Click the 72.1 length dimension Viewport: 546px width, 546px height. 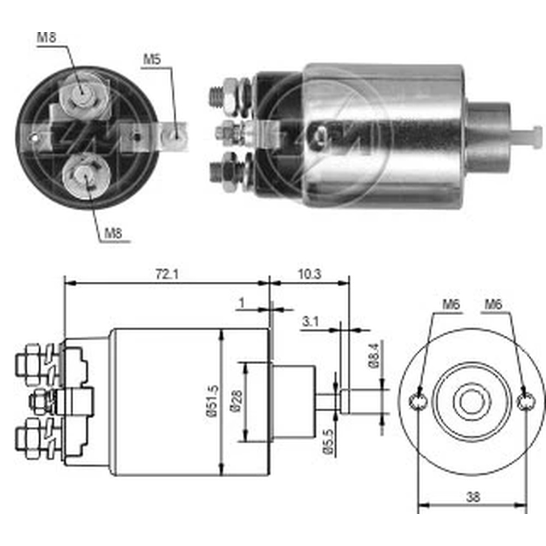click(167, 275)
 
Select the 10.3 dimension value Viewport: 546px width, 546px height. click(310, 275)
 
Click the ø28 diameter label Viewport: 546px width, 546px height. click(235, 402)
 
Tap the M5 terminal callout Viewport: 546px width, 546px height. click(152, 60)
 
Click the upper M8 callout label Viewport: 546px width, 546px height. click(46, 38)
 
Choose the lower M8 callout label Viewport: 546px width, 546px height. click(112, 233)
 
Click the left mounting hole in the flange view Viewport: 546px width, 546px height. click(418, 402)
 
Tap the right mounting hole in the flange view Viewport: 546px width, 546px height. click(525, 402)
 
